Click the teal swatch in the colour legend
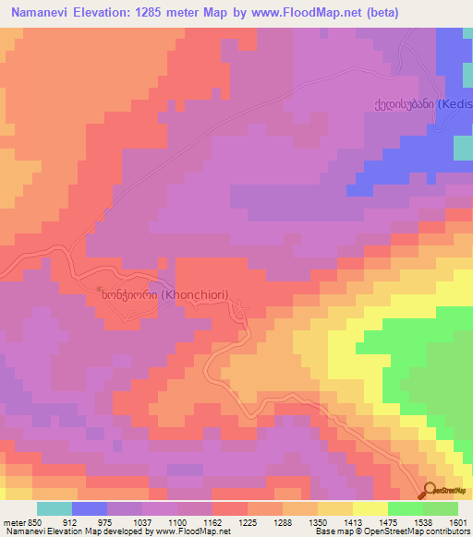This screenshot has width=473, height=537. (55, 507)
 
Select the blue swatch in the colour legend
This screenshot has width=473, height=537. (90, 507)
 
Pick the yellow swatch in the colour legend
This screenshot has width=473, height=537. (370, 507)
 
